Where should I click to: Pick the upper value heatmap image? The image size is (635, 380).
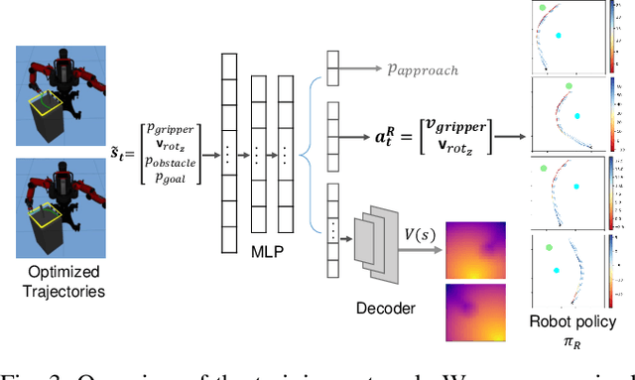[475, 249]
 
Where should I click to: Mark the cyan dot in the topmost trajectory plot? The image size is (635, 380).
[558, 36]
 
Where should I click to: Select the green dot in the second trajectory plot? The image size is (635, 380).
[568, 87]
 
